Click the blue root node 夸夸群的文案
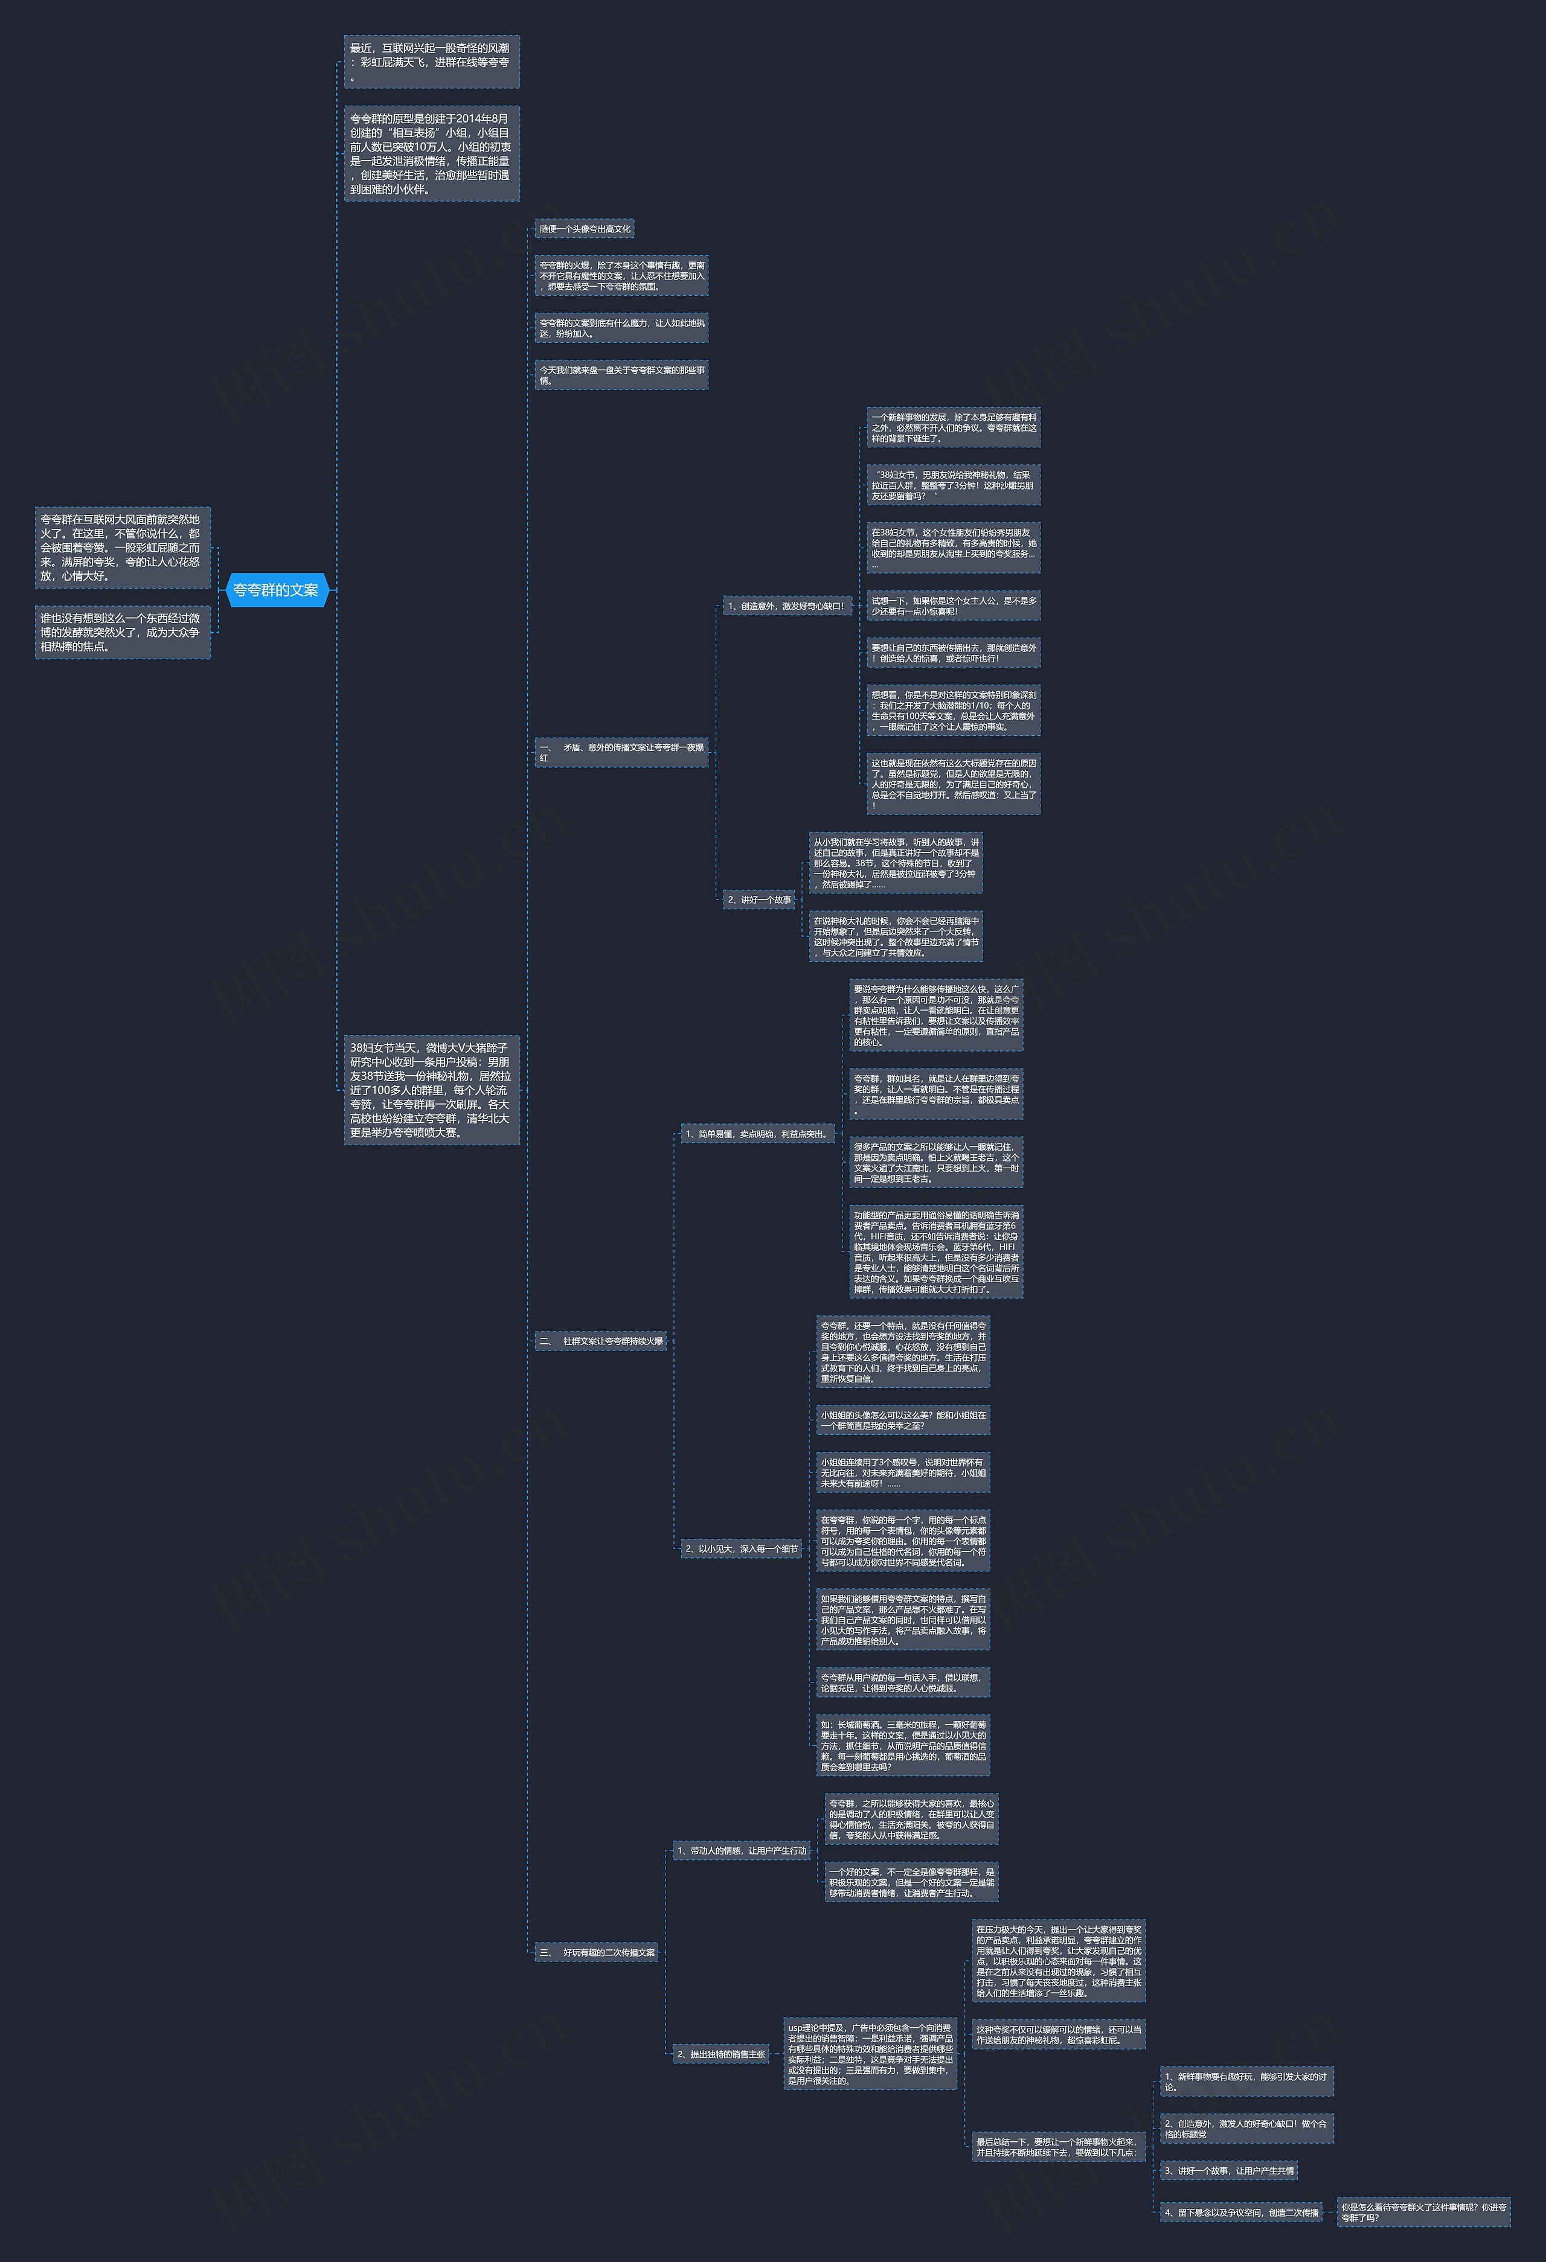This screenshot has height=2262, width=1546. click(277, 590)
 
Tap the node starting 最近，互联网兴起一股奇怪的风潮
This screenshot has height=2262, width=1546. click(431, 62)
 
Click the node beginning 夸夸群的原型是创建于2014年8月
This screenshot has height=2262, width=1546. click(431, 154)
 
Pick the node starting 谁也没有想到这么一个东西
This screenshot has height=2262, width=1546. click(123, 631)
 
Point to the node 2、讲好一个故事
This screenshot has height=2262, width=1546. click(759, 899)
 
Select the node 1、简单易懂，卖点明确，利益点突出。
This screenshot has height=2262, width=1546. click(757, 1133)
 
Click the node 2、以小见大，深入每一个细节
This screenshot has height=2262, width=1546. click(741, 1548)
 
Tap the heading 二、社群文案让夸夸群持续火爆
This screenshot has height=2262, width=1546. click(601, 1341)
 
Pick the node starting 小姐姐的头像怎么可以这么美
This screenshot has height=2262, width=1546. click(902, 1420)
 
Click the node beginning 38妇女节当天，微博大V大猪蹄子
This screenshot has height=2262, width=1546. click(431, 1090)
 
